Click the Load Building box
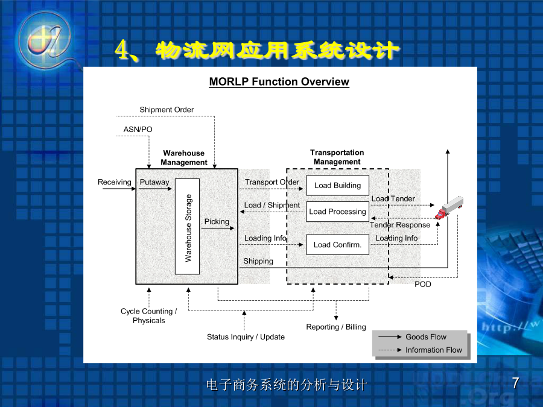tap(337, 186)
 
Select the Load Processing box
tap(337, 212)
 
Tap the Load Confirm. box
tap(337, 245)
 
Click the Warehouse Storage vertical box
tap(188, 227)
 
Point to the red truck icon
tap(449, 207)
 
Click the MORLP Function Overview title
tap(279, 81)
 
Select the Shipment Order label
tap(167, 110)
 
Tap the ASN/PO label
tap(138, 130)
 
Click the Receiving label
tap(114, 182)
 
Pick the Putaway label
tap(154, 182)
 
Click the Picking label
tap(217, 221)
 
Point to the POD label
tap(423, 284)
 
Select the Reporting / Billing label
tap(336, 327)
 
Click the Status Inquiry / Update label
tap(246, 336)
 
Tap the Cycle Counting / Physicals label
tap(148, 315)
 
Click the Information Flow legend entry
tap(420, 350)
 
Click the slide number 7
tap(516, 383)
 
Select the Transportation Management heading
tap(337, 157)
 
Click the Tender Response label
tap(400, 225)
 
